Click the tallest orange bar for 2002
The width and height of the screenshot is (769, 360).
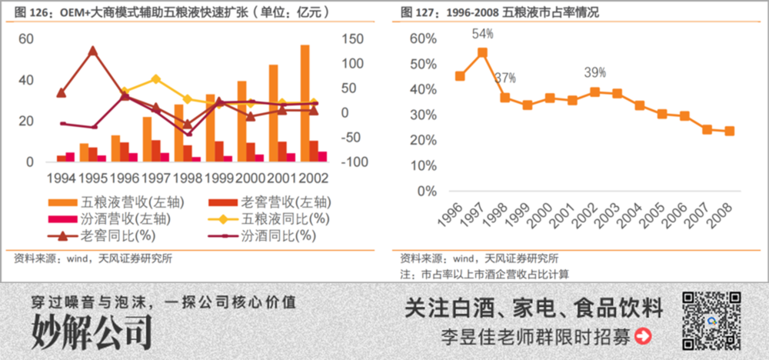[x=305, y=103]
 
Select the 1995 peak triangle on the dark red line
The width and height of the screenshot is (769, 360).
[x=92, y=51]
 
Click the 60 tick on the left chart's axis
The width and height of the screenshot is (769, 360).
[x=25, y=39]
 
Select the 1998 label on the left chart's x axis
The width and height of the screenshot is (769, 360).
[x=188, y=178]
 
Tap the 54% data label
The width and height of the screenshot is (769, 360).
[x=482, y=34]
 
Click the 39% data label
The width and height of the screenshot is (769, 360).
[x=594, y=72]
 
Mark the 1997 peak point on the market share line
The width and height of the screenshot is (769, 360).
[x=482, y=53]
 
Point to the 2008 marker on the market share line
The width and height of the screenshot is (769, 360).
[x=729, y=131]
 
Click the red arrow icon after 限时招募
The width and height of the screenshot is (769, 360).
[x=642, y=336]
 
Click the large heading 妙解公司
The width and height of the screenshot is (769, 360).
[x=92, y=332]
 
